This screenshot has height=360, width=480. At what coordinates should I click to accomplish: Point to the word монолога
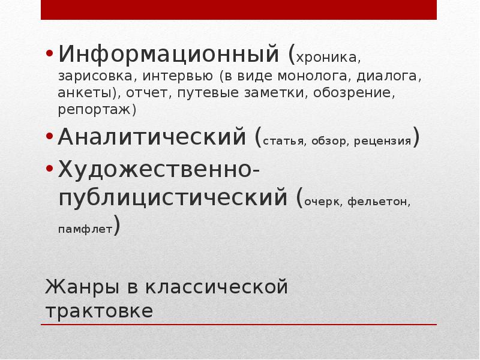310,77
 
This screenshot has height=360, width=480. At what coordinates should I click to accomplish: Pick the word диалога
388,77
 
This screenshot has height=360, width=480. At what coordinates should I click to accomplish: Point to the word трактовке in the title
99,311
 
